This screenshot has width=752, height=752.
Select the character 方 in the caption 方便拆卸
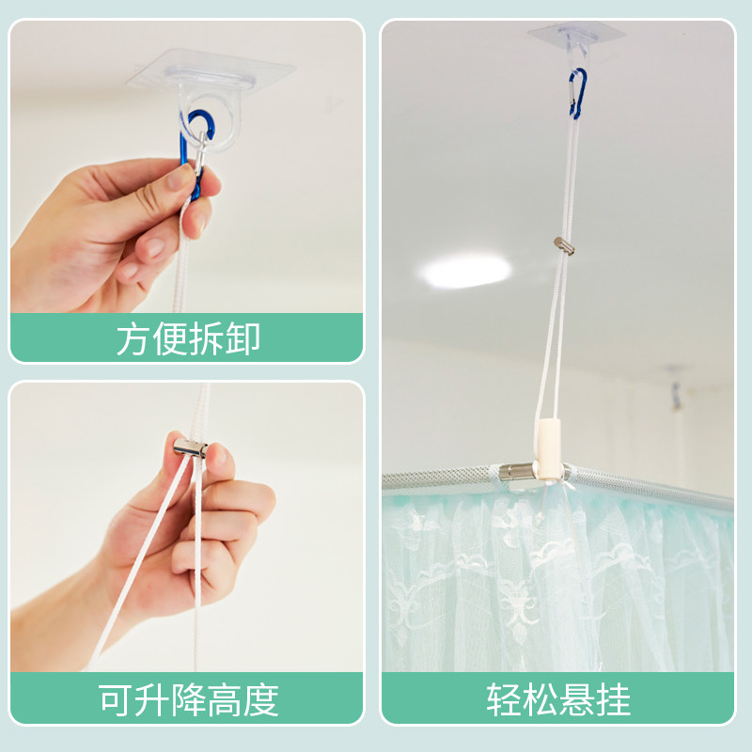pos(134,338)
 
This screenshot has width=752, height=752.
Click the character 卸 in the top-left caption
pos(243,338)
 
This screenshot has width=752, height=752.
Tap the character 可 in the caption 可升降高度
pos(115,699)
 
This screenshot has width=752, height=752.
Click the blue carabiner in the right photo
pos(576,93)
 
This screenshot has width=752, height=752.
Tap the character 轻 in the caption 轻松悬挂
pos(504,699)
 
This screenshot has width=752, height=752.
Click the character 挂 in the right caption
pos(613,699)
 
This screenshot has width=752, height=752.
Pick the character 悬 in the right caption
pos(576,699)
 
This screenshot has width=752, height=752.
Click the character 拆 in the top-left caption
pos(207,338)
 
